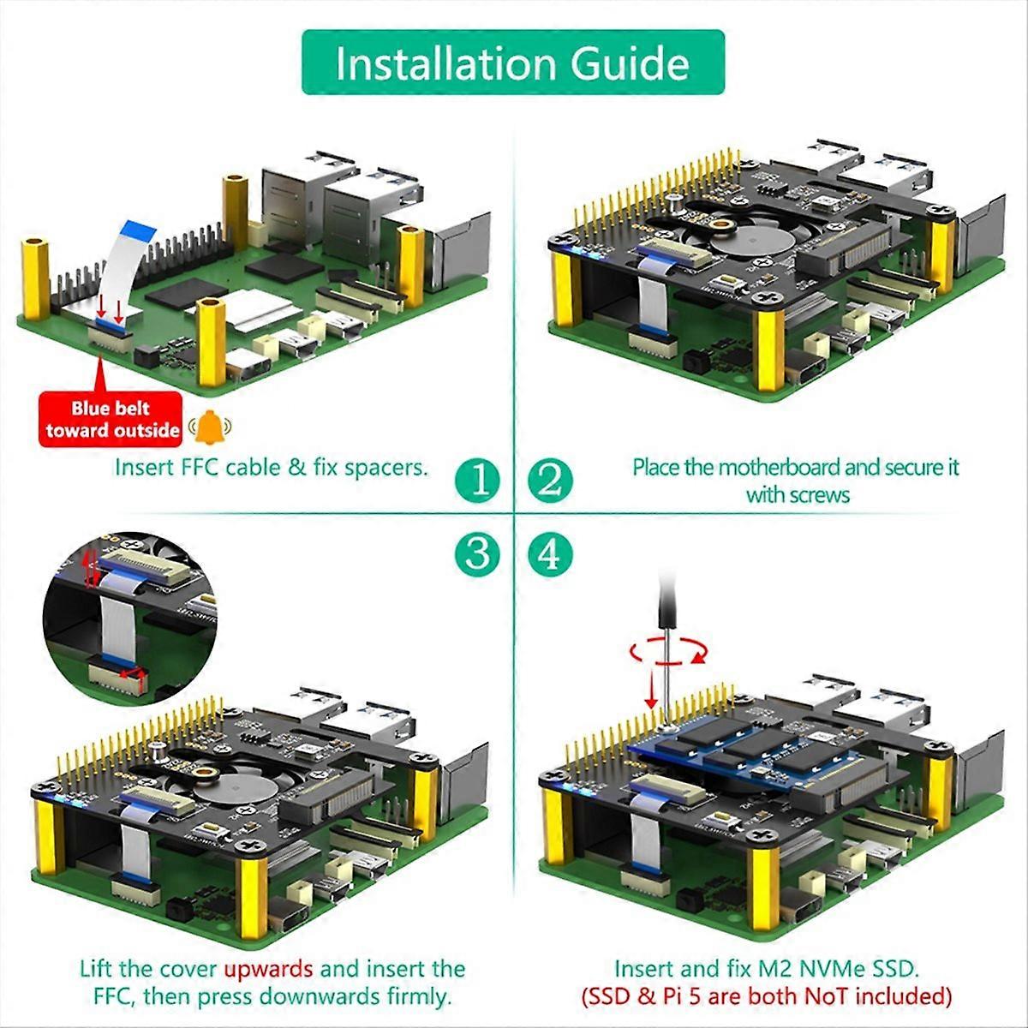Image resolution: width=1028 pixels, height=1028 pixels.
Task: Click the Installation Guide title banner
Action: pyautogui.click(x=512, y=63)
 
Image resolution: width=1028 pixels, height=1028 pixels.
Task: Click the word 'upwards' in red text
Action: pyautogui.click(x=268, y=969)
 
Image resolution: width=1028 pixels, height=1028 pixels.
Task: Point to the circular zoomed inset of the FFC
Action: pyautogui.click(x=129, y=617)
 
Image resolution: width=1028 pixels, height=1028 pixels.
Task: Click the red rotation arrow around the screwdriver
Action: pyautogui.click(x=668, y=654)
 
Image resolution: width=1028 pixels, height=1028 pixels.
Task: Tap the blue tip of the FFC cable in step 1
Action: pyautogui.click(x=138, y=230)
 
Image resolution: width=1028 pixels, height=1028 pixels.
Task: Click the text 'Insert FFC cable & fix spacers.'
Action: pyautogui.click(x=272, y=468)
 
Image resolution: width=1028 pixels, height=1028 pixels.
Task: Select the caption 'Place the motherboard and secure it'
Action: pyautogui.click(x=796, y=468)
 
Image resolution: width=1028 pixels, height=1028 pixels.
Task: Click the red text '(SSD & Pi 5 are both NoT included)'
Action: pyautogui.click(x=767, y=996)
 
